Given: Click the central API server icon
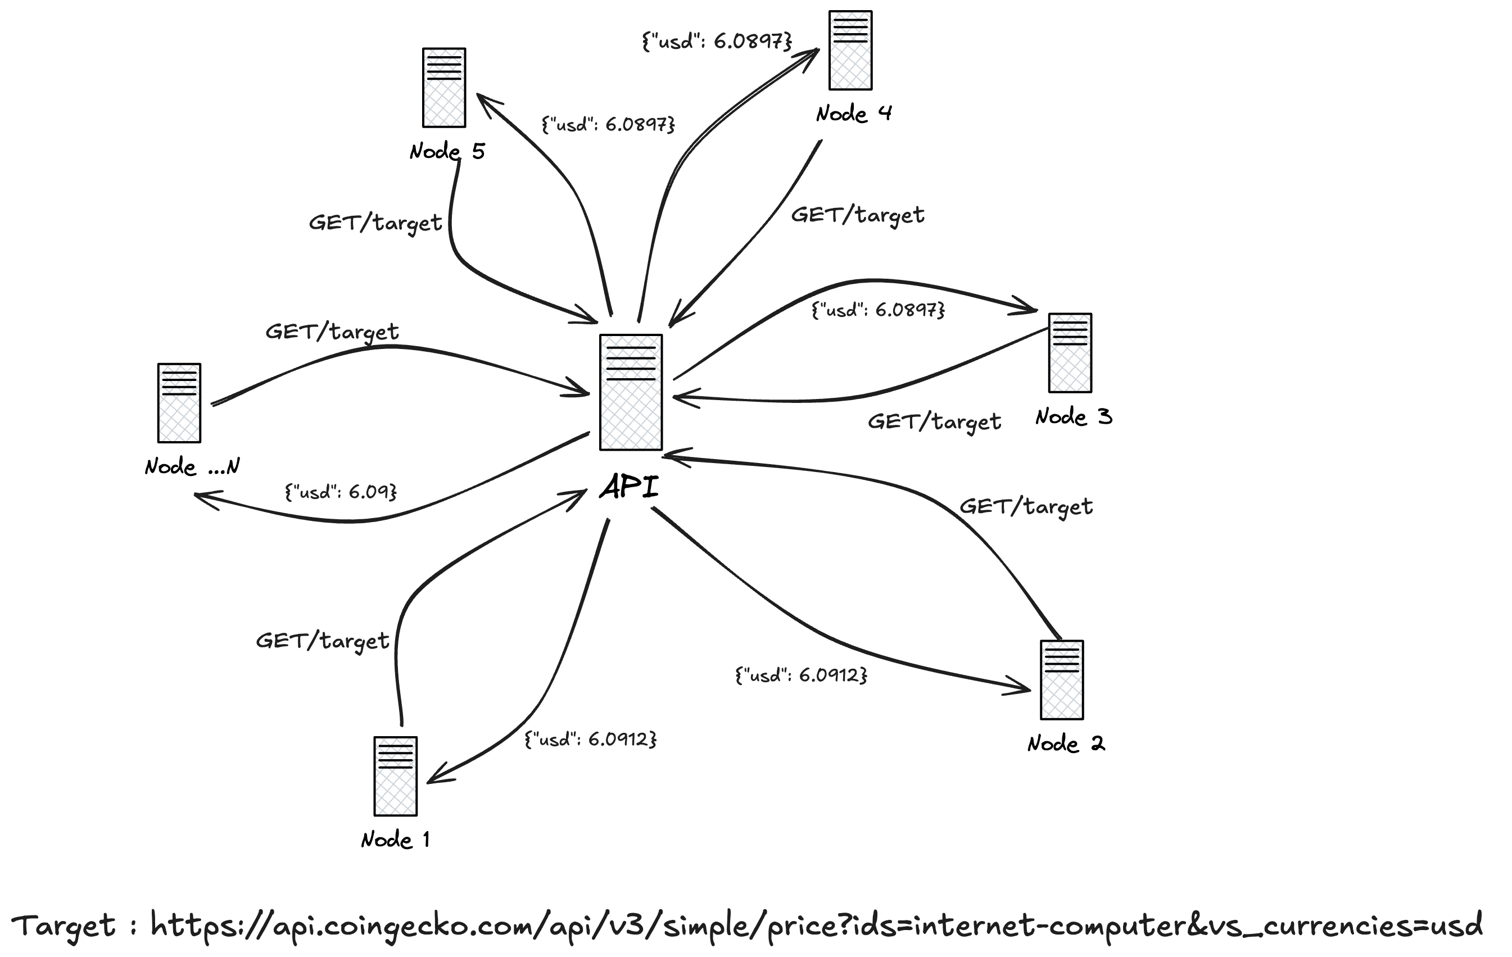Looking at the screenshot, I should click(x=631, y=392).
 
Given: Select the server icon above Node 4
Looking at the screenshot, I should click(x=850, y=50).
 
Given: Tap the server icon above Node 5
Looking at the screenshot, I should click(x=444, y=87).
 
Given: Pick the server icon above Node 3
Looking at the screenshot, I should click(x=1070, y=353).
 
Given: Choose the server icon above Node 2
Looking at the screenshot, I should click(x=1062, y=679).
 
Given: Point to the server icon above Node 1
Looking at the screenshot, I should click(x=396, y=776).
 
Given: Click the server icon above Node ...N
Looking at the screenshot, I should click(x=179, y=402).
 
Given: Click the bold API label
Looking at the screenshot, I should click(x=629, y=487).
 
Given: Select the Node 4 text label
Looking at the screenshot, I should click(x=854, y=114).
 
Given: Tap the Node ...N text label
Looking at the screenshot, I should click(x=192, y=466).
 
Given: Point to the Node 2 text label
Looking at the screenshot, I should click(x=1066, y=743).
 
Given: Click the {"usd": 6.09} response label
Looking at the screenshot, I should click(x=341, y=491).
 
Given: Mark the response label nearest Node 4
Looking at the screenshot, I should click(x=717, y=42).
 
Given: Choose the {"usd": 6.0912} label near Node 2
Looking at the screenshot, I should click(x=801, y=675).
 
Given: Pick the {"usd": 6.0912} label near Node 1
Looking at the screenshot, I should click(x=590, y=739).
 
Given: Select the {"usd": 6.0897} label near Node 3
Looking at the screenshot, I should click(x=878, y=310).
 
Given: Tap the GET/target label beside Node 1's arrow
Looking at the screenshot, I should click(x=322, y=641).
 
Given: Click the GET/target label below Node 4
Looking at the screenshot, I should click(x=857, y=215).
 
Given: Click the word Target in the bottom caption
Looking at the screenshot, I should click(x=64, y=926).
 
